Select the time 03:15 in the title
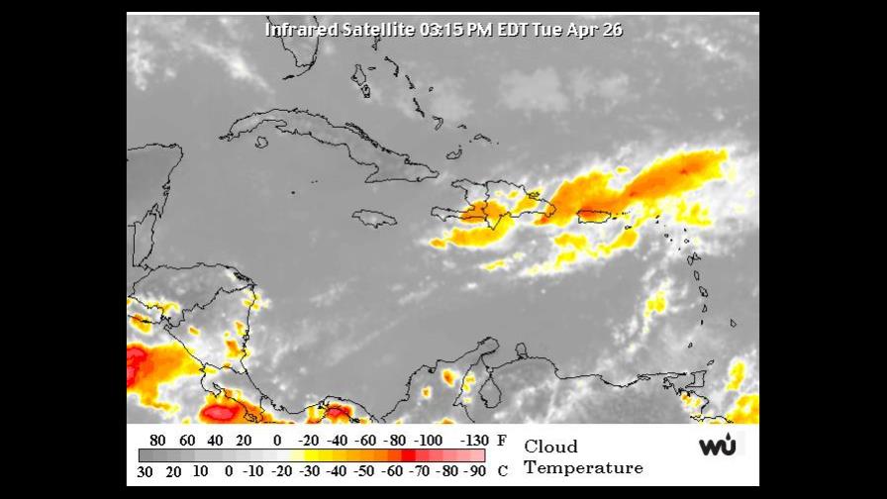443,30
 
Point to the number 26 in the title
612,30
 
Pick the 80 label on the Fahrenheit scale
156,441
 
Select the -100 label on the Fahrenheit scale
429,441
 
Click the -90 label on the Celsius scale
475,470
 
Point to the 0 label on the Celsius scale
229,470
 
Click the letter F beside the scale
502,441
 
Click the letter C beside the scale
502,470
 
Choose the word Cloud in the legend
550,447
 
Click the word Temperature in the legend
583,468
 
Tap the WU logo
718,446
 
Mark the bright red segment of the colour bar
407,455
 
